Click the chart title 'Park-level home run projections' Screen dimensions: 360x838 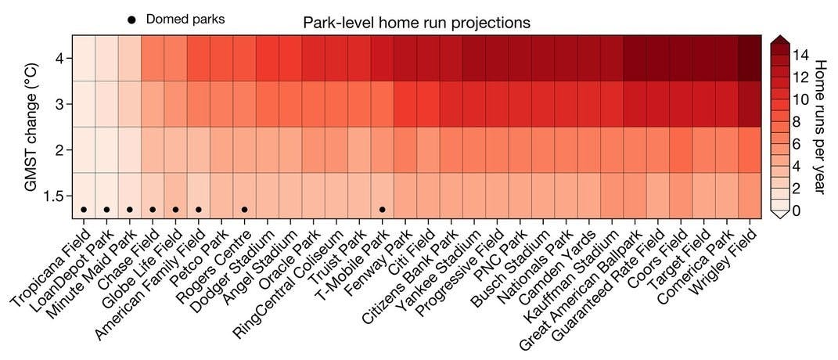click(x=416, y=23)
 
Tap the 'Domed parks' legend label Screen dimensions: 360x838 click(x=185, y=19)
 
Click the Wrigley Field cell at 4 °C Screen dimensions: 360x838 click(x=750, y=58)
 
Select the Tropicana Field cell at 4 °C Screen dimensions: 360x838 click(x=84, y=58)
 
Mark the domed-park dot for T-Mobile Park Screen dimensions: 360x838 click(x=382, y=209)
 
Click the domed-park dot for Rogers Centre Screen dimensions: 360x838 click(x=245, y=209)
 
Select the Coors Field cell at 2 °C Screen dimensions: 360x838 click(x=681, y=149)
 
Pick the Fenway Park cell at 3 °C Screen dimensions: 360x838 click(x=405, y=104)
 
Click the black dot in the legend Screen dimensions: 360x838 click(x=131, y=20)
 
